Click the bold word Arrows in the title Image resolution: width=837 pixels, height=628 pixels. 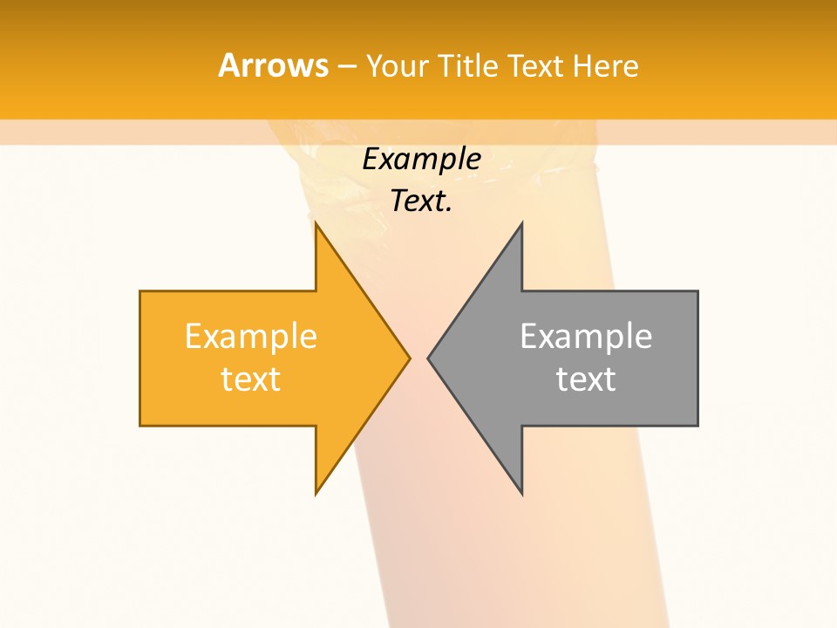pos(272,65)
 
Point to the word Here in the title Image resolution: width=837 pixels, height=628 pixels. pos(606,65)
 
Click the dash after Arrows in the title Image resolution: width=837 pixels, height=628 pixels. pos(346,66)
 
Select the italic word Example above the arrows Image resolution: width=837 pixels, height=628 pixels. pos(421,159)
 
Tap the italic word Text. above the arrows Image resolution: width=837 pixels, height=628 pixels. pos(421,201)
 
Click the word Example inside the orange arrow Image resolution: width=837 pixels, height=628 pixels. pos(250,336)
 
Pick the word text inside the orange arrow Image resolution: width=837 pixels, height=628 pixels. pos(250,379)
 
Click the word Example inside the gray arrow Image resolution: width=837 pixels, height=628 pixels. pos(586,336)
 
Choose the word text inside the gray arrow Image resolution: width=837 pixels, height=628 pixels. pos(586,379)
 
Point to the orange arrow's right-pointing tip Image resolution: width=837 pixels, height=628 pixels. pos(409,358)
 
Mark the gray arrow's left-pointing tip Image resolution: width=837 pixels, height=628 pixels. pos(428,358)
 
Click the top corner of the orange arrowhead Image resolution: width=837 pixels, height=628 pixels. pos(316,223)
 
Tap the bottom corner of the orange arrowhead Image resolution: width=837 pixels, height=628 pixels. pos(316,494)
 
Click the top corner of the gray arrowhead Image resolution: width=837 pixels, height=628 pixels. pos(521,223)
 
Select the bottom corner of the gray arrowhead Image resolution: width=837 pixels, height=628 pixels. pos(521,494)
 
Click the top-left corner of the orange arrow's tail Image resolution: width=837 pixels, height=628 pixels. pos(140,291)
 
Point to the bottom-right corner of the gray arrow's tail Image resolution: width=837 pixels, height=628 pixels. pos(697,425)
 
